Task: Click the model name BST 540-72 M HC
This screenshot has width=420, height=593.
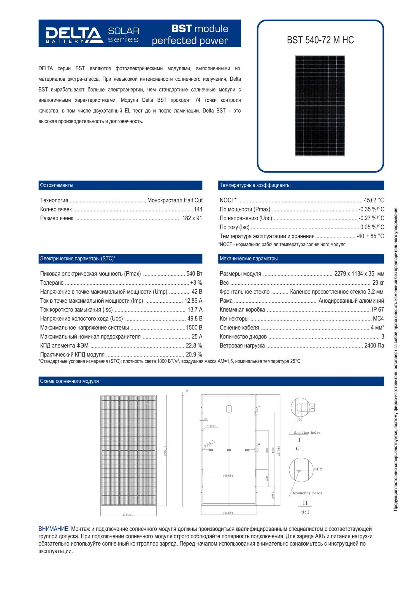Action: point(320,40)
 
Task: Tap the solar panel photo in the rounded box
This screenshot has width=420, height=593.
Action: point(320,106)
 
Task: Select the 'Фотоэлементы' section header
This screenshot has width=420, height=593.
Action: point(57,185)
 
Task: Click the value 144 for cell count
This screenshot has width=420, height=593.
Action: point(198,209)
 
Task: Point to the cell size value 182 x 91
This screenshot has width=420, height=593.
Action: point(192,218)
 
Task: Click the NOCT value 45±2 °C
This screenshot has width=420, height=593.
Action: point(374,200)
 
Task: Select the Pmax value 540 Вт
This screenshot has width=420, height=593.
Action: point(194,274)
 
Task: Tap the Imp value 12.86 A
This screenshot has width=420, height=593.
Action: point(193,301)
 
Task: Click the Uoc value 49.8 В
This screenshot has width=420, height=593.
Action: point(195,319)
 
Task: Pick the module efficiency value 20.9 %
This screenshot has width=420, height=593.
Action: point(194,355)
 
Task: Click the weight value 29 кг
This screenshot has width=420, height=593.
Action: point(378,283)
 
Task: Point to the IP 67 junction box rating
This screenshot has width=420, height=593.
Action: point(378,310)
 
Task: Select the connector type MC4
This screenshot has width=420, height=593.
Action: point(378,319)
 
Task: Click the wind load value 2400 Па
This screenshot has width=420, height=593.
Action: point(374,346)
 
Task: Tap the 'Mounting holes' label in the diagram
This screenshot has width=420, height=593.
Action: point(307,433)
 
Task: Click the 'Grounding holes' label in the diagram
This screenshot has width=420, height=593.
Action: point(307,493)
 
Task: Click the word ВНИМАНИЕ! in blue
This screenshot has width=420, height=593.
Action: point(54,529)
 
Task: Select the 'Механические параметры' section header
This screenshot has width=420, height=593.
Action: point(248,259)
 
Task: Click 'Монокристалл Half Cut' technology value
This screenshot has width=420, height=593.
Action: point(175,200)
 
